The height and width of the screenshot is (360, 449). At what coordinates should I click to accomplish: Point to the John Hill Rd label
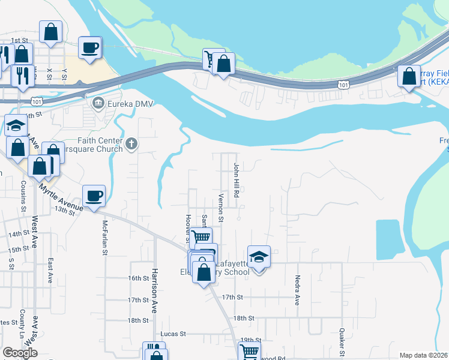click(x=237, y=180)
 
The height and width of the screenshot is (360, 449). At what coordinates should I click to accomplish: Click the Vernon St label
click(x=221, y=208)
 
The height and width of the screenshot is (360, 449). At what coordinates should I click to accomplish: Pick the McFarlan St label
click(x=104, y=237)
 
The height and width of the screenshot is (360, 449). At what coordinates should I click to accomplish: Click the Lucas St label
click(x=173, y=334)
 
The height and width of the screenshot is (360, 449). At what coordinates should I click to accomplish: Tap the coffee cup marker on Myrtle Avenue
click(x=94, y=196)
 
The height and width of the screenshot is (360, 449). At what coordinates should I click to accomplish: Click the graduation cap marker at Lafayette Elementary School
click(x=259, y=257)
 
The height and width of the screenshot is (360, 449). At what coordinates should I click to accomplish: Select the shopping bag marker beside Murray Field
click(x=409, y=77)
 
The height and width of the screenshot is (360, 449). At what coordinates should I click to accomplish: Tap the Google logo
click(x=20, y=353)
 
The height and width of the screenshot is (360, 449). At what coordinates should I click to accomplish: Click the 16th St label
click(x=138, y=278)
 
